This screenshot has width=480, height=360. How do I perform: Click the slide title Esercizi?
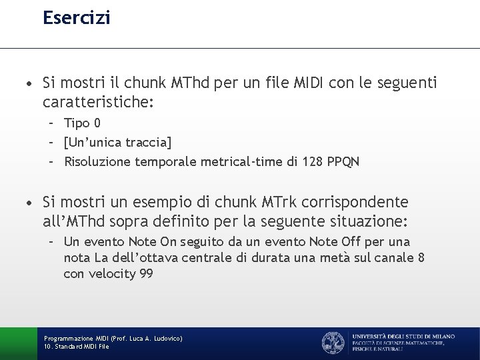(x=77, y=17)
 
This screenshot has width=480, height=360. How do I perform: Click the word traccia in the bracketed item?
(x=149, y=142)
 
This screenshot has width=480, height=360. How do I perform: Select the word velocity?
(x=113, y=273)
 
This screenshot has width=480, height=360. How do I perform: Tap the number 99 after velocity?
(x=146, y=273)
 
